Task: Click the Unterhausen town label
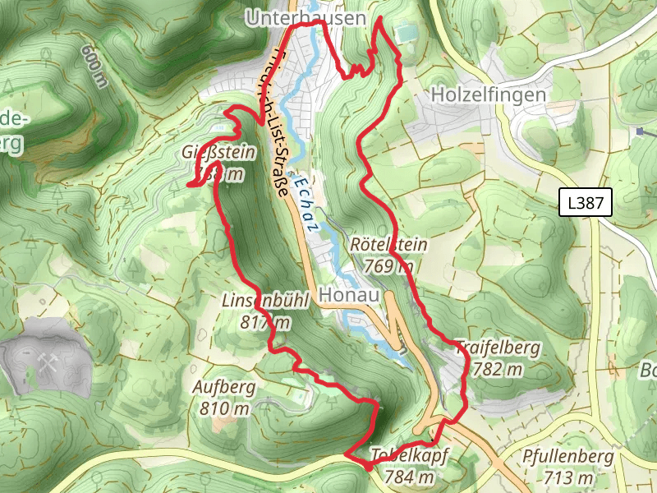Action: coord(305,17)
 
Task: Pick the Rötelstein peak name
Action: coord(388,245)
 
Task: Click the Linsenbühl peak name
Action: coord(265,302)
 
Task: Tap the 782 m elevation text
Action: coord(498,370)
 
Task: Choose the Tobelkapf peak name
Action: coord(408,456)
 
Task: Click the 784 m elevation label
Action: coord(408,477)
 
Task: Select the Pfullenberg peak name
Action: coord(567,456)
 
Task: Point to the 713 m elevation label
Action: coord(567,477)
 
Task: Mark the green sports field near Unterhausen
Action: coord(405,34)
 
